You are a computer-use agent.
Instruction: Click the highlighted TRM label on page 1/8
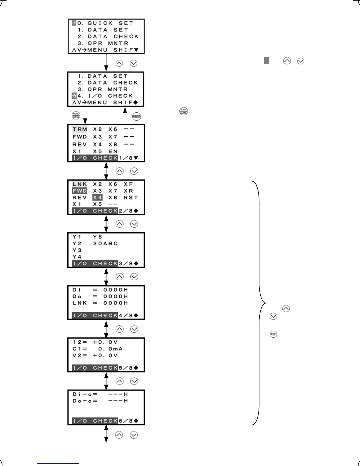[x=80, y=129]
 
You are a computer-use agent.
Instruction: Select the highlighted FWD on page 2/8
[x=80, y=191]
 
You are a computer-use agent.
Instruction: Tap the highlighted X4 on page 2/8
[x=97, y=197]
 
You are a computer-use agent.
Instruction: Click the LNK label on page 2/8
[x=80, y=184]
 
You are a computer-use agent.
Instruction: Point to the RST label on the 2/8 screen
[x=131, y=197]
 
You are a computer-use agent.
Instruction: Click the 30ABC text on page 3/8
[x=105, y=244]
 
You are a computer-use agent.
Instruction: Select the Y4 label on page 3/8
[x=77, y=257]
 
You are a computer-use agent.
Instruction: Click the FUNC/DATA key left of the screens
[x=76, y=116]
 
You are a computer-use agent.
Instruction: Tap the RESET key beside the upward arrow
[x=136, y=116]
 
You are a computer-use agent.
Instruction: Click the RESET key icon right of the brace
[x=274, y=334]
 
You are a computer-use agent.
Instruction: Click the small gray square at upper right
[x=266, y=61]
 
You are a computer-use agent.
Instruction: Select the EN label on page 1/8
[x=113, y=152]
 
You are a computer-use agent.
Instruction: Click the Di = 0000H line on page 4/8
[x=100, y=290]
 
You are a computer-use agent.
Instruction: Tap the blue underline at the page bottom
[x=58, y=464]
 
